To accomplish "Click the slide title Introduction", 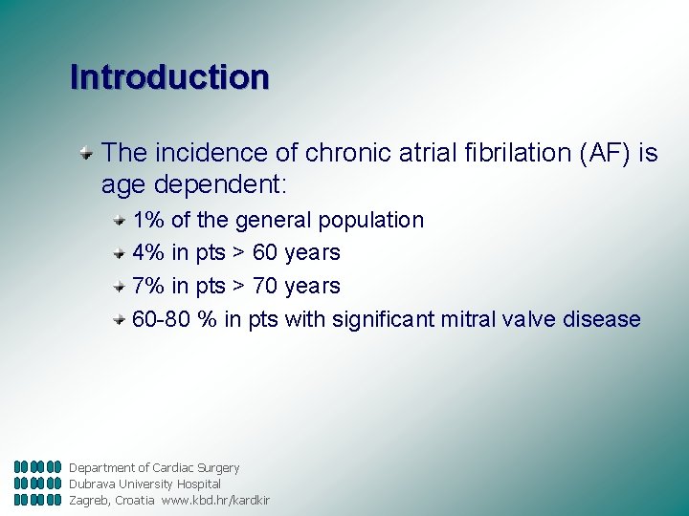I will (x=169, y=76).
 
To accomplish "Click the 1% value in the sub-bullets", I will (x=148, y=220).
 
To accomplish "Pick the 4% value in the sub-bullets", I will (x=148, y=253).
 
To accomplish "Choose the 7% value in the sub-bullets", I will (x=148, y=286).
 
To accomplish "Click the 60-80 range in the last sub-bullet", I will (x=162, y=319).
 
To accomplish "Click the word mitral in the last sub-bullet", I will (x=469, y=319).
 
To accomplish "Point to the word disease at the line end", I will (x=602, y=319).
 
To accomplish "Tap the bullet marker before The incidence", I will (x=86, y=151).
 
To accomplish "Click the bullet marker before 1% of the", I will (x=119, y=219).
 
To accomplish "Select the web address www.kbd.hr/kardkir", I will (x=215, y=501).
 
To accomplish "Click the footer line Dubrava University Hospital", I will (x=144, y=484).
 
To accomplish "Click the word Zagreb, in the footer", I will (x=89, y=501).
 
